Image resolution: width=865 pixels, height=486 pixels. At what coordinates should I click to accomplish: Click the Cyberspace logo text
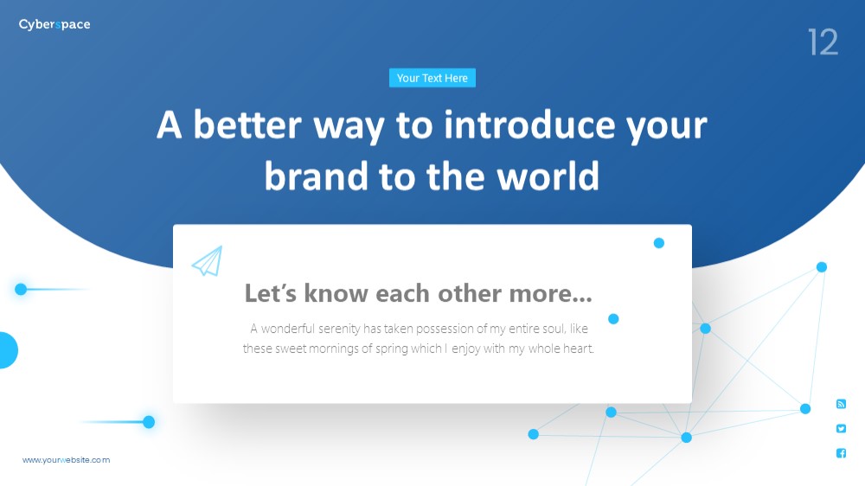pyautogui.click(x=54, y=25)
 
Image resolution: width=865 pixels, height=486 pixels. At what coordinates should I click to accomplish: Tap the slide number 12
pyautogui.click(x=823, y=42)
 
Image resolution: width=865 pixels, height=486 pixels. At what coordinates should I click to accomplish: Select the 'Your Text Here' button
pyautogui.click(x=432, y=78)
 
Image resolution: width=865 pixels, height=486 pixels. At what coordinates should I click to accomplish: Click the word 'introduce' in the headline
pyautogui.click(x=529, y=125)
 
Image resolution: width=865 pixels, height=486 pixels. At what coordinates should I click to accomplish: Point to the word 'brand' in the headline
pyautogui.click(x=316, y=176)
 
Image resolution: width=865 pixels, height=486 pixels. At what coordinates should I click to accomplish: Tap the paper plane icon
pyautogui.click(x=208, y=261)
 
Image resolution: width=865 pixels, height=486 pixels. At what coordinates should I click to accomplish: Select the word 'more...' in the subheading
pyautogui.click(x=550, y=293)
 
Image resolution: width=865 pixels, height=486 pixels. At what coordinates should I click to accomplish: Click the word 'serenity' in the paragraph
pyautogui.click(x=339, y=329)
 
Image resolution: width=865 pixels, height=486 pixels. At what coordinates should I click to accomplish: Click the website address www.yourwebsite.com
pyautogui.click(x=67, y=460)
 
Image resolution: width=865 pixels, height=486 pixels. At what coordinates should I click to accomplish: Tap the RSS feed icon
pyautogui.click(x=842, y=405)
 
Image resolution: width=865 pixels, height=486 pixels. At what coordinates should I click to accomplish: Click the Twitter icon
pyautogui.click(x=842, y=429)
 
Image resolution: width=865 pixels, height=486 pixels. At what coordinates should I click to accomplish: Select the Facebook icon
pyautogui.click(x=842, y=453)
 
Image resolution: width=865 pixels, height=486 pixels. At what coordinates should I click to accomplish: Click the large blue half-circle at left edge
pyautogui.click(x=8, y=350)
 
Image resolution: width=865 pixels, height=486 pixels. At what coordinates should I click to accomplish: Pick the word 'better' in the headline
pyautogui.click(x=247, y=125)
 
